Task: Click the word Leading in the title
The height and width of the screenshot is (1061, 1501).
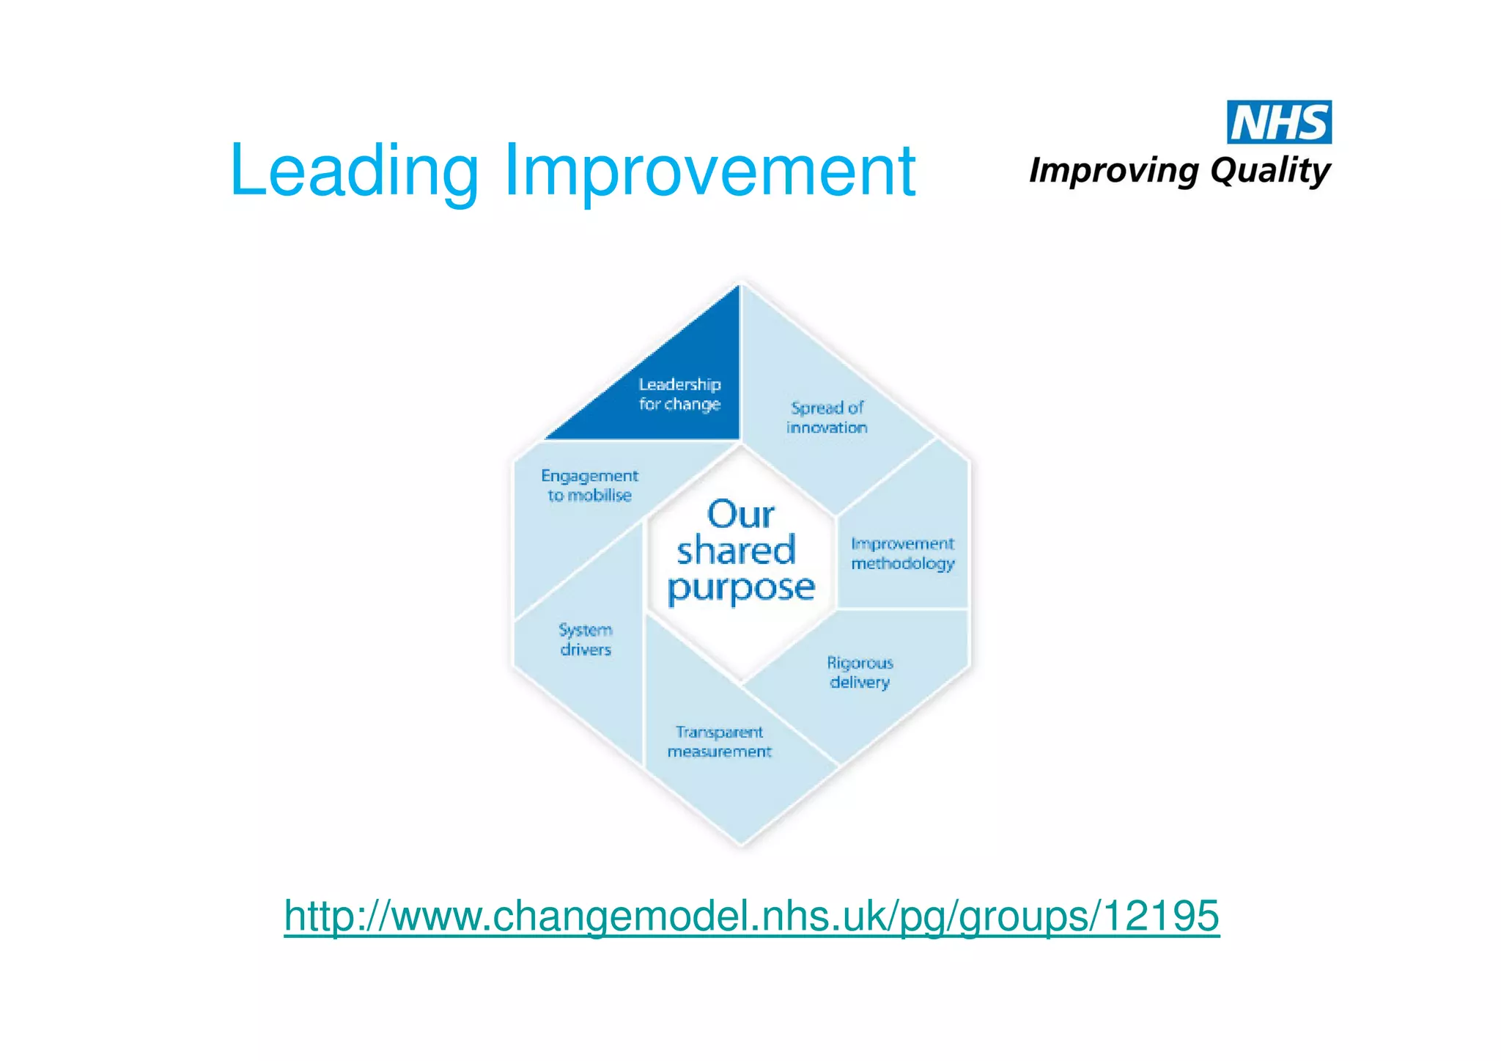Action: click(353, 170)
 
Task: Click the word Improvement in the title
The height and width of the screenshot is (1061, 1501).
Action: click(709, 170)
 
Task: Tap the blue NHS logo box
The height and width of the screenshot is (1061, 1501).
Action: click(1279, 122)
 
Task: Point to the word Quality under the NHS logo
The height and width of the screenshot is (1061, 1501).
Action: click(1269, 171)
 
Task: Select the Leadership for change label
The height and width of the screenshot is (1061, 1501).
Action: click(679, 394)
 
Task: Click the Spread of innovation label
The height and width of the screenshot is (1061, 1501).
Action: click(827, 417)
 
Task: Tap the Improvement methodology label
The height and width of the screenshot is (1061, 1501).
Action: click(902, 554)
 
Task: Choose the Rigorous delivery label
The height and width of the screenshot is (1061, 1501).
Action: click(860, 672)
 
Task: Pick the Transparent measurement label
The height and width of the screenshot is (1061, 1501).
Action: click(719, 742)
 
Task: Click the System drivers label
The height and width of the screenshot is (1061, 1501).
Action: click(585, 639)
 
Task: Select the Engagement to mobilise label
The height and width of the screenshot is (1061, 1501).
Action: click(589, 485)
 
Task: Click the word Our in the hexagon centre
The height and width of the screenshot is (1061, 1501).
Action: click(740, 514)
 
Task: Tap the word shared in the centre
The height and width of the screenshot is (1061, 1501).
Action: click(736, 551)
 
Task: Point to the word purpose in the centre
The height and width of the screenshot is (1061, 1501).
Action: click(740, 588)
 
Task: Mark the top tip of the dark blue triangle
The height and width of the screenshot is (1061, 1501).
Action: click(737, 287)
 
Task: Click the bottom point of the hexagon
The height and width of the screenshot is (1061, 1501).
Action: click(741, 845)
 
